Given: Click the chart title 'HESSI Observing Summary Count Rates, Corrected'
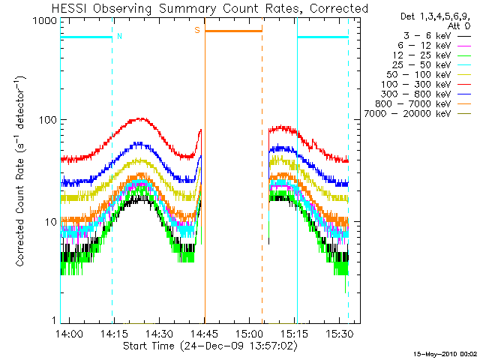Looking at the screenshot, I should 211,8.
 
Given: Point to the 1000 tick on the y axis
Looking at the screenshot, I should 43,22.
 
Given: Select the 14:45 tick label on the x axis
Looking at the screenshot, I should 204,334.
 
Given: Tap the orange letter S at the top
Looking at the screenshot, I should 197,30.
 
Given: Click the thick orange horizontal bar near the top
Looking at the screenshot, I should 233,31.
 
